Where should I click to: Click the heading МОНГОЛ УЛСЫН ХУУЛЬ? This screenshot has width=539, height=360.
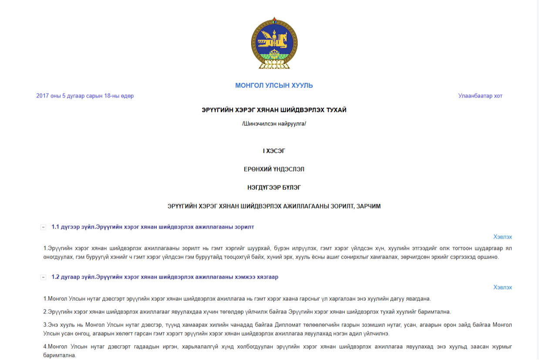point(274,85)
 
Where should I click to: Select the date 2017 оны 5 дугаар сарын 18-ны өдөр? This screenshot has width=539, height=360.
point(85,96)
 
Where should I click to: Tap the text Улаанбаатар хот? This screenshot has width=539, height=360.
point(480,96)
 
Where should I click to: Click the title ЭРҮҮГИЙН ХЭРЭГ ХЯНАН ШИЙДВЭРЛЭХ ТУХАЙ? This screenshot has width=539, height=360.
point(274,110)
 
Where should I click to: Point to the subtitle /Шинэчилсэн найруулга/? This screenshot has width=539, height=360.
point(274,124)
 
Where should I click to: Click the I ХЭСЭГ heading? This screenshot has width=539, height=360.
point(274,151)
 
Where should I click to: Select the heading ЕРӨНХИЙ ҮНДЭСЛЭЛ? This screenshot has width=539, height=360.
point(274,169)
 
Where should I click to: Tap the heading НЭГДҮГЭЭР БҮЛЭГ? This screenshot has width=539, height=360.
point(274,188)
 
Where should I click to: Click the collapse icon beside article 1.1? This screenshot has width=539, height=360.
point(43,227)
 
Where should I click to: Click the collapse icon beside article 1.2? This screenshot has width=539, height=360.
point(43,277)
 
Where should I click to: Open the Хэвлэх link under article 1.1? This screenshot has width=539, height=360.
point(502,237)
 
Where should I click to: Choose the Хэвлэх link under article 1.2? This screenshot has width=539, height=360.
point(502,287)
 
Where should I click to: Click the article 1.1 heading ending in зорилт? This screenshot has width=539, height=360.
point(152,227)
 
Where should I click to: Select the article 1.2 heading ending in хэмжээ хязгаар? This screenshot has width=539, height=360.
point(165,277)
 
